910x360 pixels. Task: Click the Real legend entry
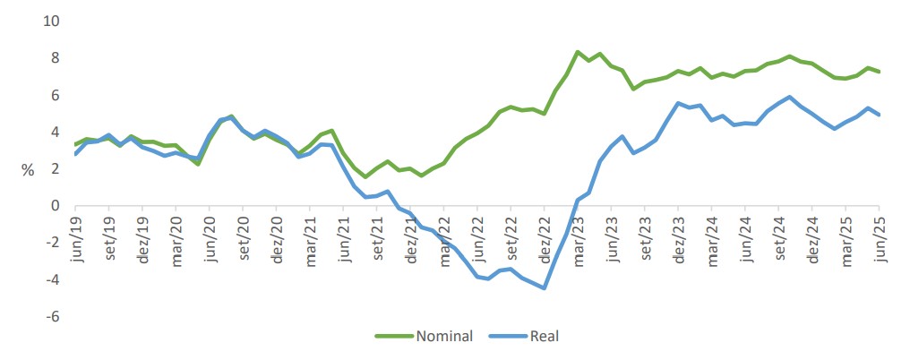[x=544, y=337]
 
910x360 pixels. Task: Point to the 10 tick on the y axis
[x=51, y=21]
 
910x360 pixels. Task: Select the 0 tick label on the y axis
[x=55, y=205]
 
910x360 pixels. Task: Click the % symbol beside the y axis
[x=28, y=169]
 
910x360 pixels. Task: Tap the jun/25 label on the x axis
[x=880, y=239]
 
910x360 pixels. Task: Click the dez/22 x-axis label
[x=545, y=239]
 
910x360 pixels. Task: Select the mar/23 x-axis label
[x=579, y=239]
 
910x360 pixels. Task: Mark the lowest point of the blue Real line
[x=544, y=287]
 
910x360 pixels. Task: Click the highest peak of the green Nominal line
[x=578, y=52]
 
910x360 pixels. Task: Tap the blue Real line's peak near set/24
[x=789, y=97]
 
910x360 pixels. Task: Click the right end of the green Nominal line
[x=879, y=72]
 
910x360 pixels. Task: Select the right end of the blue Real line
[x=879, y=115]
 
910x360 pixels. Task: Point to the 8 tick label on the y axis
[x=55, y=57]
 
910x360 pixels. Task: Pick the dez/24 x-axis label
[x=812, y=239]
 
